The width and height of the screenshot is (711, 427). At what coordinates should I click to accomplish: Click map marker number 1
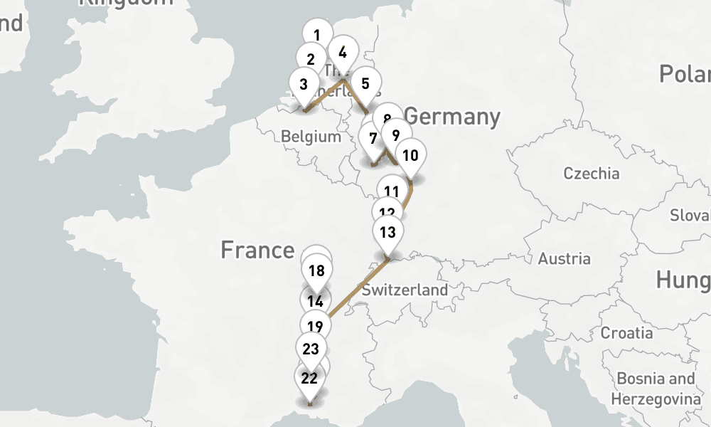(317, 35)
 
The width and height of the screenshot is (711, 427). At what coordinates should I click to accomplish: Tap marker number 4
(343, 52)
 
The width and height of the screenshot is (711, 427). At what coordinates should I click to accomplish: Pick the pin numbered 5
(365, 83)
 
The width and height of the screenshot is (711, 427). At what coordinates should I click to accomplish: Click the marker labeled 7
(373, 139)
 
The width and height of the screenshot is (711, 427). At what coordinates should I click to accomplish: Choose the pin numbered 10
(410, 154)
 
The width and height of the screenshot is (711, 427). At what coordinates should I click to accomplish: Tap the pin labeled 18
(317, 270)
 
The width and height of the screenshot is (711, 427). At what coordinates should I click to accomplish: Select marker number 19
(316, 327)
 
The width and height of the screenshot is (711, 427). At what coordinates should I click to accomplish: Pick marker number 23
(311, 349)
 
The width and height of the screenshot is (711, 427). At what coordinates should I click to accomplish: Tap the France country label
(257, 250)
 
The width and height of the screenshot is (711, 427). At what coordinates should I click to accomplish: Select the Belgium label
(311, 137)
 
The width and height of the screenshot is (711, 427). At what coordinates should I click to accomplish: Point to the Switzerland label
(405, 290)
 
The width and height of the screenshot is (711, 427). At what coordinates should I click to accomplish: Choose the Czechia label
(591, 174)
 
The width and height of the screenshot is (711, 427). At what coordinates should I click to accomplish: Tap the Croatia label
(626, 332)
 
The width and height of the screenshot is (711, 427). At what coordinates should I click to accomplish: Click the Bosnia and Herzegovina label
(656, 388)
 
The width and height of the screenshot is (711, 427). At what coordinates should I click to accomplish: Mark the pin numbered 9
(396, 135)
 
